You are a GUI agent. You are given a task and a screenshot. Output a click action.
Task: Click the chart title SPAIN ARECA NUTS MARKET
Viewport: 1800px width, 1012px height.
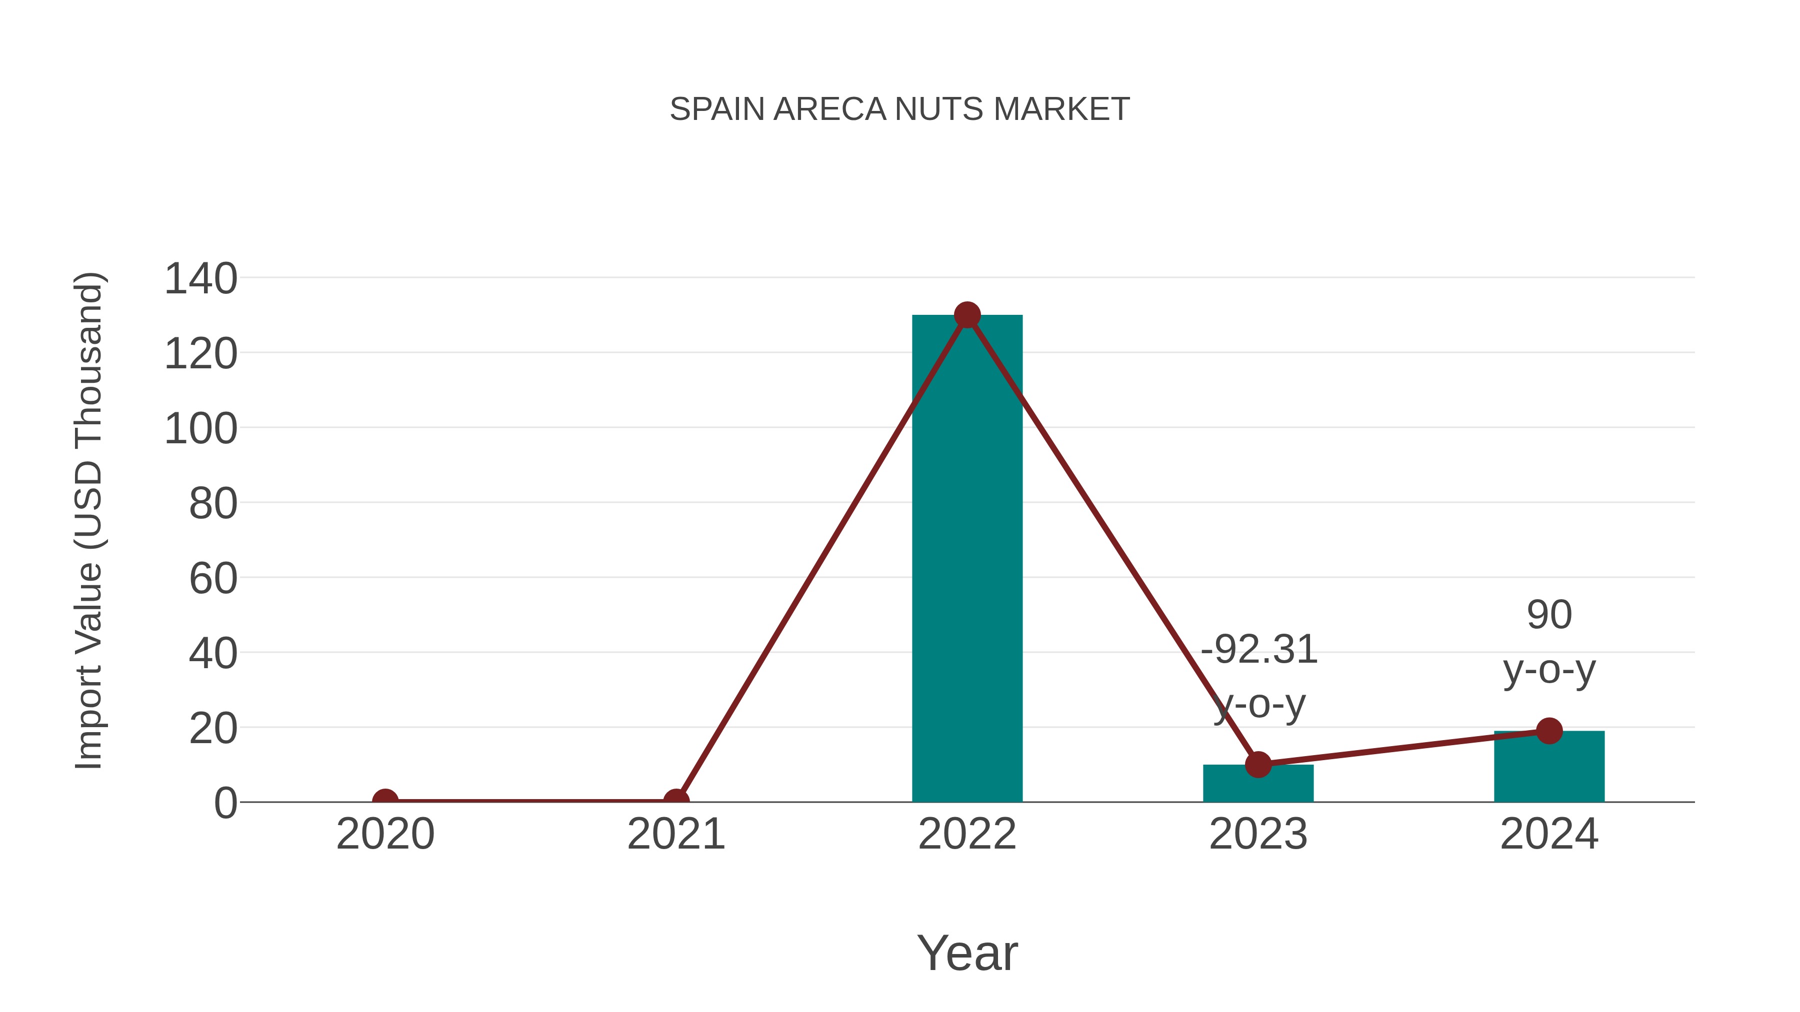pyautogui.click(x=899, y=109)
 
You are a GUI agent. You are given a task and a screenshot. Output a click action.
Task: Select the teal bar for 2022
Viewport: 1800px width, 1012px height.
pyautogui.click(x=967, y=559)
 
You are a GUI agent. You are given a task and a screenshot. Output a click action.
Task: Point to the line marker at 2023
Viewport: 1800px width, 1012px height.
pyautogui.click(x=1258, y=765)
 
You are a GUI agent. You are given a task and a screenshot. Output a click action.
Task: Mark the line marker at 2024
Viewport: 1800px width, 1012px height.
pyautogui.click(x=1549, y=731)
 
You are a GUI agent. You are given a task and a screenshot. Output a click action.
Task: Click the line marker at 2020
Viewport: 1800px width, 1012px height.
pyautogui.click(x=385, y=801)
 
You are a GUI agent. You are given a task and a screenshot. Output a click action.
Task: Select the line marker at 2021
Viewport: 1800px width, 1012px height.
pyautogui.click(x=675, y=801)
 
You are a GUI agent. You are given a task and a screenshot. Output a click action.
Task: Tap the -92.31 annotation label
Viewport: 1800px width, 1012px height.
pyautogui.click(x=1259, y=650)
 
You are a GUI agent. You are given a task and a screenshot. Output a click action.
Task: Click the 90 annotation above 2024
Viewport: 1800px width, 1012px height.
pyautogui.click(x=1549, y=615)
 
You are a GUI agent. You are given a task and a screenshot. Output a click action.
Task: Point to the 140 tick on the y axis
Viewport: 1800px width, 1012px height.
pyautogui.click(x=200, y=279)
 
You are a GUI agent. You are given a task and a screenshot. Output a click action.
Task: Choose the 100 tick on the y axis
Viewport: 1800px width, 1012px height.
pyautogui.click(x=200, y=429)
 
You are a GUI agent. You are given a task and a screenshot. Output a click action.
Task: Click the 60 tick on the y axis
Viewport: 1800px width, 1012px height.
pyautogui.click(x=213, y=579)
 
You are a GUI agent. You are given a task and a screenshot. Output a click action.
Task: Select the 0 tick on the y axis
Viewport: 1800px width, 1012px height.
pyautogui.click(x=225, y=803)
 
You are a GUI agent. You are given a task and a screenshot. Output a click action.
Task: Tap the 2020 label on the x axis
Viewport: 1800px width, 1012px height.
pyautogui.click(x=385, y=835)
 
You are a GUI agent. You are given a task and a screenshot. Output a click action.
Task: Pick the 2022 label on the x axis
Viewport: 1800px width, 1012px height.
pyautogui.click(x=967, y=835)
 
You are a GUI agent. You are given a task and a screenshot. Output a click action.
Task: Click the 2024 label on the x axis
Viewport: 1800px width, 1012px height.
pyautogui.click(x=1549, y=835)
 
